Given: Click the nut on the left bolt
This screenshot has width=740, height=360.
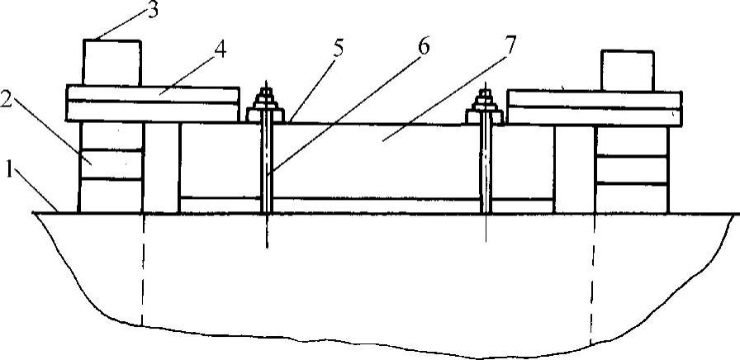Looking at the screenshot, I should (x=267, y=106).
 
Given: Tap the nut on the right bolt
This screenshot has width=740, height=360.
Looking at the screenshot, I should (x=485, y=106).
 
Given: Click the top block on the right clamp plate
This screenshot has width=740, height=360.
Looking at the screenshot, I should (x=627, y=70).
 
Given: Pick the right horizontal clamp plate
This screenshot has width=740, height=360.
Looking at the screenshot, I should (x=595, y=107).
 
